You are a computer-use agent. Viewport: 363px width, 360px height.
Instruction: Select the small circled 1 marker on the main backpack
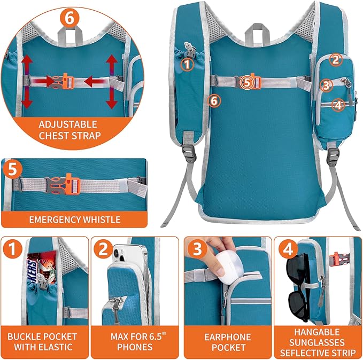[187, 65]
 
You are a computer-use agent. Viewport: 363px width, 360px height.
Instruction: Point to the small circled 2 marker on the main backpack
[335, 60]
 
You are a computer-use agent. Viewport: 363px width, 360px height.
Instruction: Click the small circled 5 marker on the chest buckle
[246, 82]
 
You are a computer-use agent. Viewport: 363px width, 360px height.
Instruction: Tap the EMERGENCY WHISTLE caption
[75, 219]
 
